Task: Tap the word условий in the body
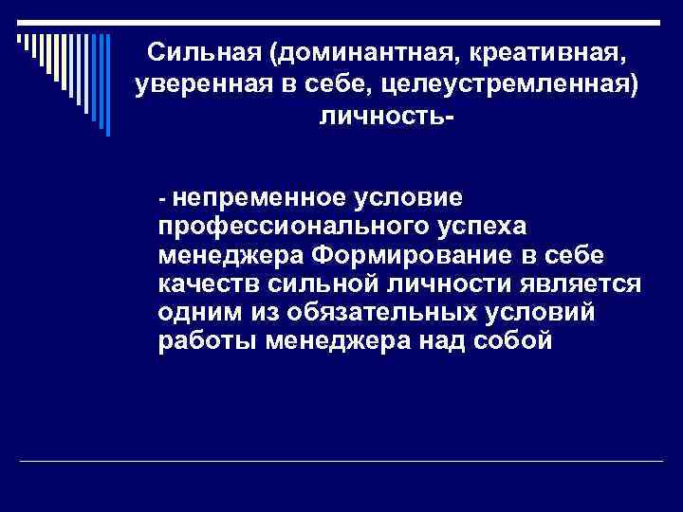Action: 544,314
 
